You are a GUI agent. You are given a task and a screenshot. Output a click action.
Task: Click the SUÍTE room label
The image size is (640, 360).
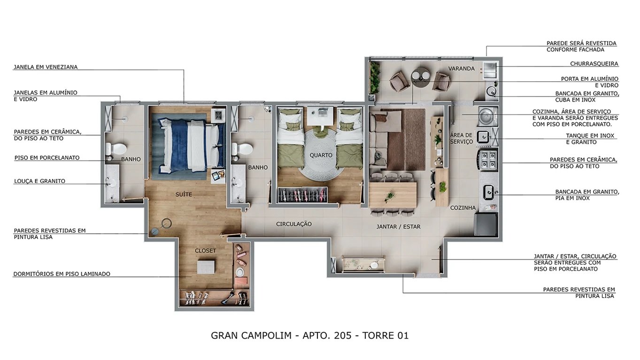click(x=184, y=194)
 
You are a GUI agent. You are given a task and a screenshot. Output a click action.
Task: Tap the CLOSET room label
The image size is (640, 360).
click(x=205, y=251)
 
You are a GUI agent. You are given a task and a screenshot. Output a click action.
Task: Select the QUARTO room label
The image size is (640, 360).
click(x=321, y=155)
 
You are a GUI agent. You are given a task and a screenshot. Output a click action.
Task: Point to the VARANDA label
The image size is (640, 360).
click(x=461, y=69)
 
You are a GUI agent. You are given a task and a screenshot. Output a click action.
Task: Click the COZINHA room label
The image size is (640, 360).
click(x=463, y=207)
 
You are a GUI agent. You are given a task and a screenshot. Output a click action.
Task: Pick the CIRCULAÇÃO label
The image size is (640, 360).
click(x=293, y=224)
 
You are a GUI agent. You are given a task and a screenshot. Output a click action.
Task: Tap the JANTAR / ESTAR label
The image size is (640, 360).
click(x=398, y=227)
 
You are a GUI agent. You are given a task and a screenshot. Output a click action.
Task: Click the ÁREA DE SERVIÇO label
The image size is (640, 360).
click(x=461, y=138)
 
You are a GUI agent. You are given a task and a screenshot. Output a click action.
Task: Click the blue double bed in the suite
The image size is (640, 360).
click(x=185, y=145)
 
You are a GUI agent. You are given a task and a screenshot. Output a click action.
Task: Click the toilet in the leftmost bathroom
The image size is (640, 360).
click(x=116, y=149)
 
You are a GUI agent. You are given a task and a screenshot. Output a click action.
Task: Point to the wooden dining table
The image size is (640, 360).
click(x=393, y=194)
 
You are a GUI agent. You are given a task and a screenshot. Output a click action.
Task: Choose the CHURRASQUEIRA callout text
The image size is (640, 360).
click(x=594, y=63)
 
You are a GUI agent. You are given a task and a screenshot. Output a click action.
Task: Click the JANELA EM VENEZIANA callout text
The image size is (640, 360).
click(x=46, y=67)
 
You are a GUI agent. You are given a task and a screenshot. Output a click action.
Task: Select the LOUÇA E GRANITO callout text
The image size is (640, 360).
click(x=39, y=181)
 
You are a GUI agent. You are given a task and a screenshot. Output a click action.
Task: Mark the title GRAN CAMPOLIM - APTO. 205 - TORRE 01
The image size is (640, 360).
click(x=310, y=336)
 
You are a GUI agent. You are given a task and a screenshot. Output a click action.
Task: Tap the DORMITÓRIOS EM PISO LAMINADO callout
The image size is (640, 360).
click(x=62, y=274)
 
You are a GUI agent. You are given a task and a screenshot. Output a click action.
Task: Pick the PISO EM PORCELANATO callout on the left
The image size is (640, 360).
click(x=47, y=158)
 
